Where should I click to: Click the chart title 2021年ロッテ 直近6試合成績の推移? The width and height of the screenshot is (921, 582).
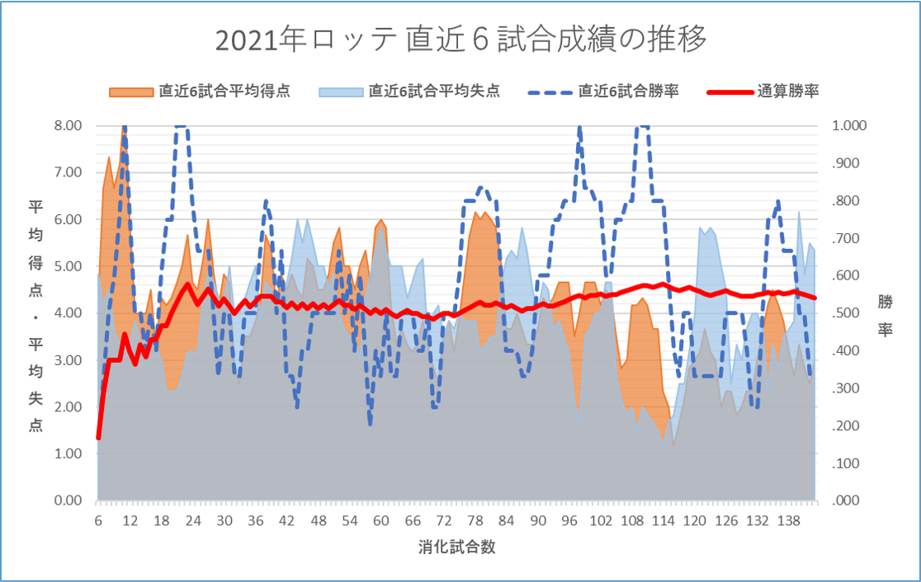click(x=460, y=40)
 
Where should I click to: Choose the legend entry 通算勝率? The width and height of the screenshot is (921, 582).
click(x=787, y=91)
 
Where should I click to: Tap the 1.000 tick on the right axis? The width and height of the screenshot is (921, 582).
click(x=844, y=125)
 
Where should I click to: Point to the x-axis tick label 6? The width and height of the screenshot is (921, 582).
click(x=98, y=521)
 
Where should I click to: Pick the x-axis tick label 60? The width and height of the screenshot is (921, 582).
click(x=380, y=521)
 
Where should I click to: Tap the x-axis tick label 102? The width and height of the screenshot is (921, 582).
click(x=601, y=521)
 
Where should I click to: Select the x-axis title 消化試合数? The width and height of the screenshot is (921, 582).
click(x=456, y=547)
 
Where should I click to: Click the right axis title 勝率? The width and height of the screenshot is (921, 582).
click(x=886, y=315)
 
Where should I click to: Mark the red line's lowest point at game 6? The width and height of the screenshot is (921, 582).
click(x=98, y=438)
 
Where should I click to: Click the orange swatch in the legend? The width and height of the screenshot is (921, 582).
click(x=131, y=92)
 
